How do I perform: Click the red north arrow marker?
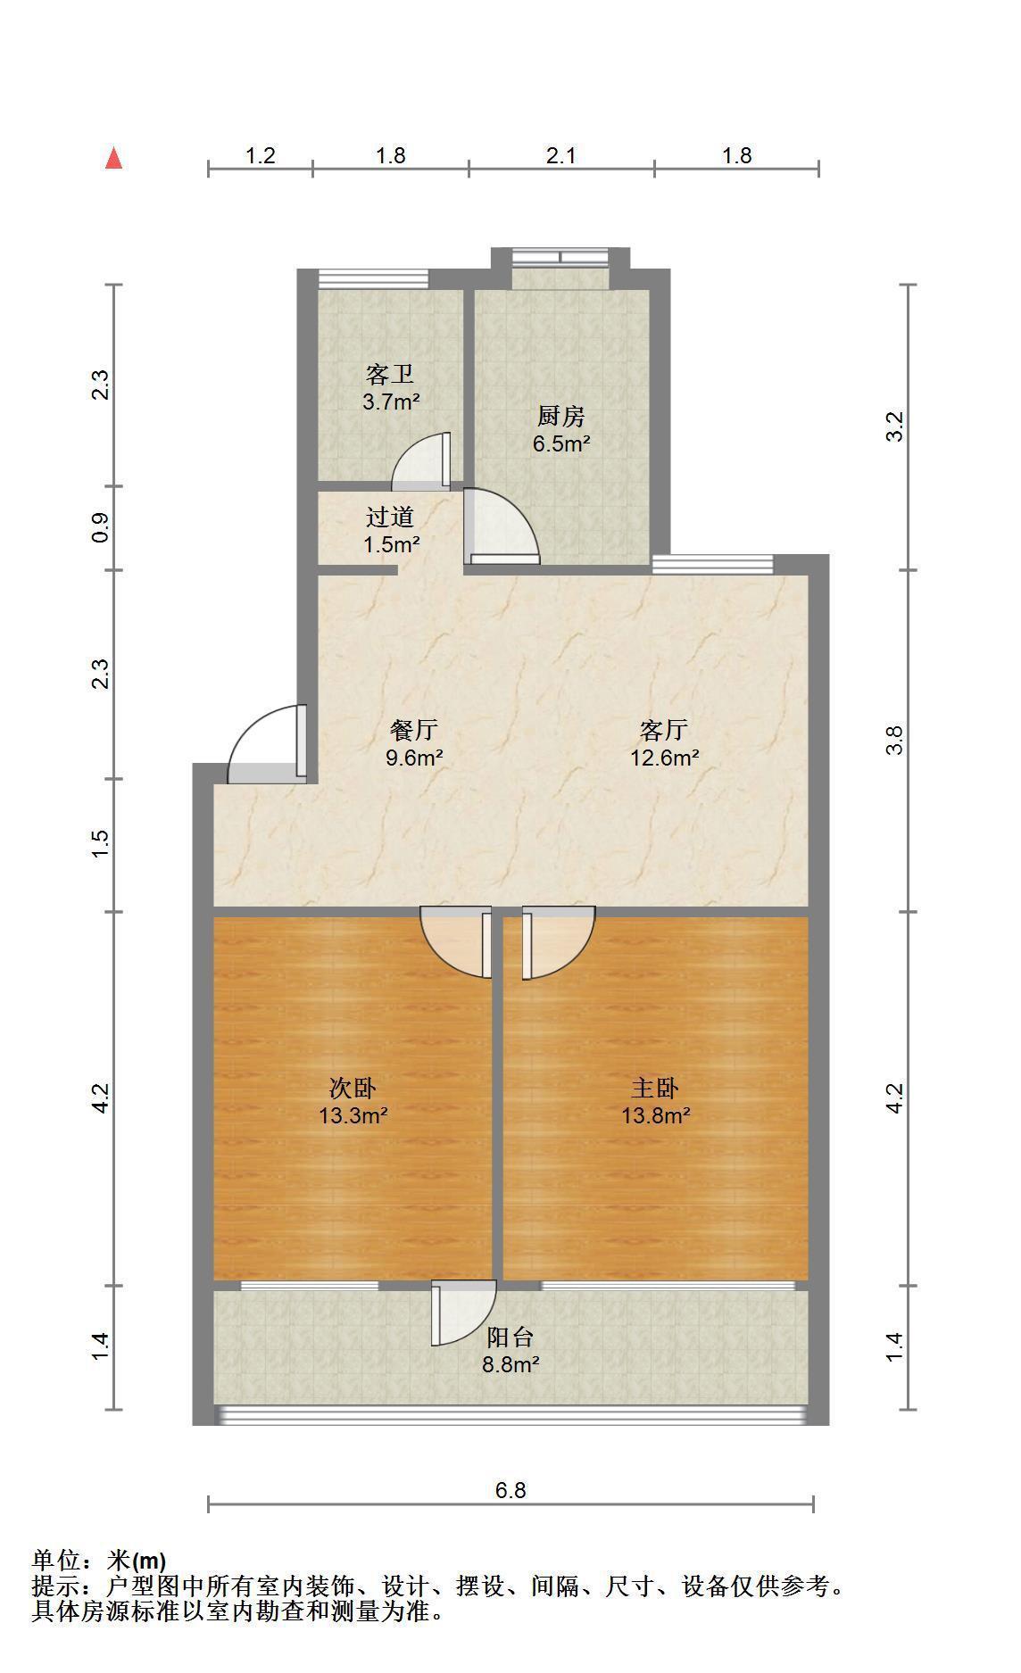click(x=113, y=158)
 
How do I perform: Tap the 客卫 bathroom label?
click(x=390, y=375)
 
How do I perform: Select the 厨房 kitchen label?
click(x=561, y=417)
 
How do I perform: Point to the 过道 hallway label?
click(x=391, y=517)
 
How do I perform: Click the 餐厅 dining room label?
click(x=414, y=730)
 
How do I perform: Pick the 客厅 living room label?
click(x=664, y=730)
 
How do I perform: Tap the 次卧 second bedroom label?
click(x=353, y=1088)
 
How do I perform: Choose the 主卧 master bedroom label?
click(x=656, y=1088)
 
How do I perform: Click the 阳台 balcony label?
click(x=510, y=1337)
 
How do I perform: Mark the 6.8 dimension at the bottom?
click(x=511, y=1489)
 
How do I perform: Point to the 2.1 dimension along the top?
click(x=561, y=155)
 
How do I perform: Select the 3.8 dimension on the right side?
click(x=895, y=741)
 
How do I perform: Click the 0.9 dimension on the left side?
click(x=101, y=527)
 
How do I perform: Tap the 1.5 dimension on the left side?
click(x=101, y=844)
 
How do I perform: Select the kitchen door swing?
click(x=502, y=526)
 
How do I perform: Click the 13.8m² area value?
click(x=656, y=1114)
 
